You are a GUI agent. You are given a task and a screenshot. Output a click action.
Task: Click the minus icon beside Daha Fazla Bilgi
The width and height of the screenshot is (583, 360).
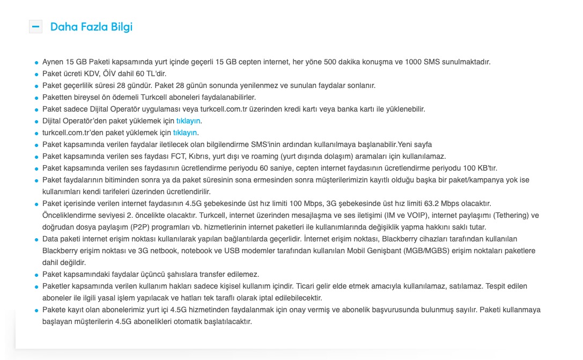(35, 26)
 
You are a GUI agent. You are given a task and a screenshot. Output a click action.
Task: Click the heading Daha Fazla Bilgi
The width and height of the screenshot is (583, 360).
(91, 27)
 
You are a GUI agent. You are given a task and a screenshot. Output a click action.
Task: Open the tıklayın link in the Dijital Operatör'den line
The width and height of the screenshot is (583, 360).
(188, 121)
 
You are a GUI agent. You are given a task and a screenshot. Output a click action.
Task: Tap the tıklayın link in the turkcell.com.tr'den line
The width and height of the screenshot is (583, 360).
(185, 133)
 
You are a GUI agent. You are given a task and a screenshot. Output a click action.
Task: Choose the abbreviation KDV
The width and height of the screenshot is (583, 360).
(98, 74)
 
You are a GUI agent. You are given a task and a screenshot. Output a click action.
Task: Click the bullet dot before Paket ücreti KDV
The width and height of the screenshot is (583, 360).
(36, 74)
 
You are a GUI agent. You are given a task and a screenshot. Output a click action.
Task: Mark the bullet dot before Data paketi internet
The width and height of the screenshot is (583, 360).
(36, 239)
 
